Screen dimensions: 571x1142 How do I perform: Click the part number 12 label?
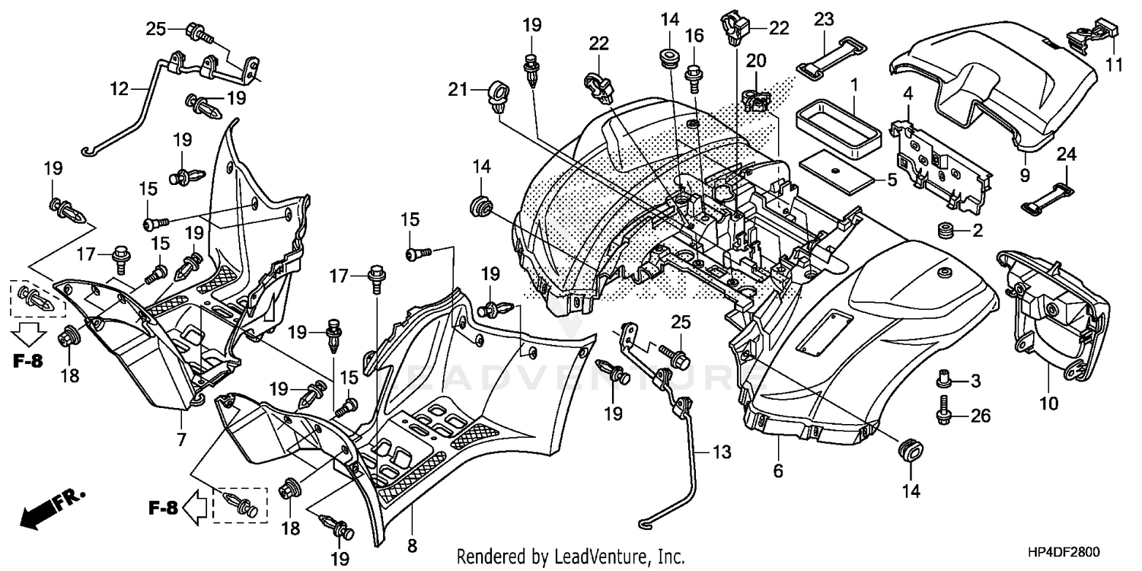[x=119, y=89]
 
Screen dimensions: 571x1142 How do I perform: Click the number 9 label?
[x=1025, y=175]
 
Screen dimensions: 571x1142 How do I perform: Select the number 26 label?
[x=981, y=416]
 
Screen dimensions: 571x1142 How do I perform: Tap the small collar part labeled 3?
[x=944, y=378]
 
